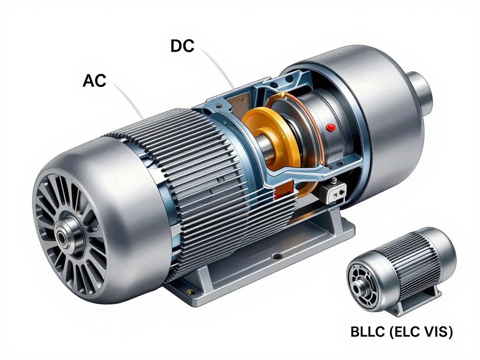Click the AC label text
(x=94, y=81)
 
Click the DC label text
(x=182, y=46)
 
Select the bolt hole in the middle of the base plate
(x=277, y=256)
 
